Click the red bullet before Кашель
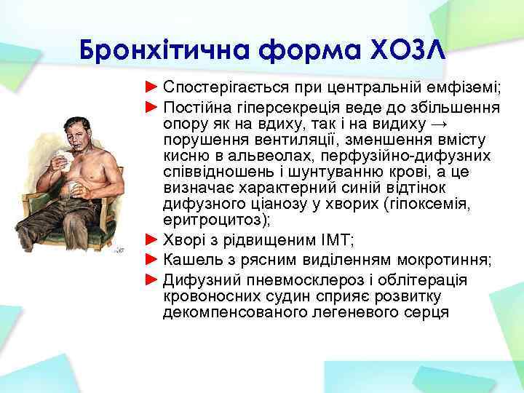(x=151, y=260)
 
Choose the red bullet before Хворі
(x=151, y=239)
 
